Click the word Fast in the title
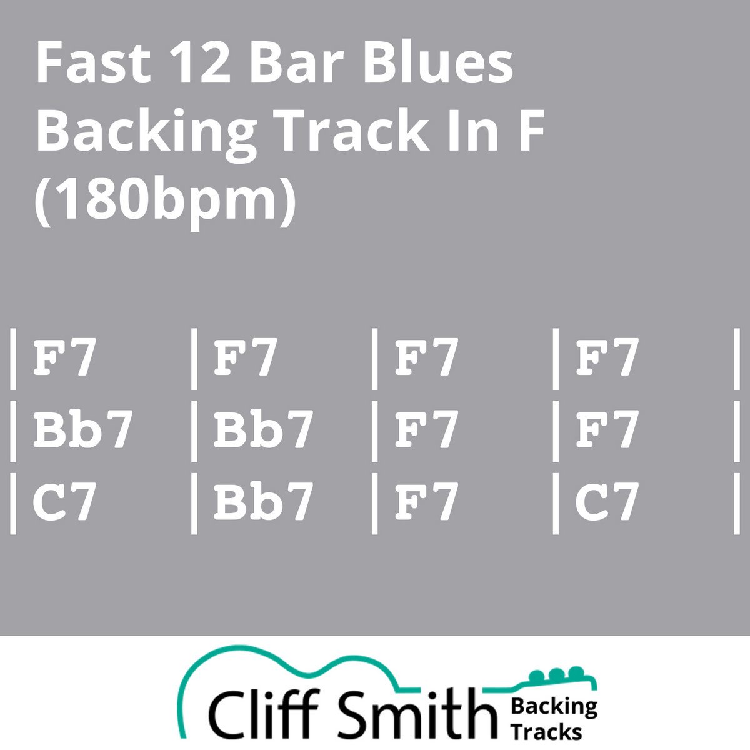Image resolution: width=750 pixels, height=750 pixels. click(93, 62)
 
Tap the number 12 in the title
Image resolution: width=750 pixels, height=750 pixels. click(199, 62)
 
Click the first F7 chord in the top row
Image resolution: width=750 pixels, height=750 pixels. click(64, 357)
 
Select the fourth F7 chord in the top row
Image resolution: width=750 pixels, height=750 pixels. click(607, 357)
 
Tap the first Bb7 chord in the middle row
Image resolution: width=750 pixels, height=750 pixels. click(83, 429)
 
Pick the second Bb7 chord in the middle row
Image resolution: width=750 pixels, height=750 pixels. click(264, 429)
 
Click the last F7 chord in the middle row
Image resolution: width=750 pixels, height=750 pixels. click(607, 429)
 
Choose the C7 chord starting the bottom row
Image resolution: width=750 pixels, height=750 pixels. click(64, 502)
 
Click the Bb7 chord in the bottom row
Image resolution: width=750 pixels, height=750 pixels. click(264, 502)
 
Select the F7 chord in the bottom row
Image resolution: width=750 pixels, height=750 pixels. click(427, 502)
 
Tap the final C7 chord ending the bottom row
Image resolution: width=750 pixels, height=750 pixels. click(607, 502)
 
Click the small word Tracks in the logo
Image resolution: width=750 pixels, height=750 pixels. click(546, 732)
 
